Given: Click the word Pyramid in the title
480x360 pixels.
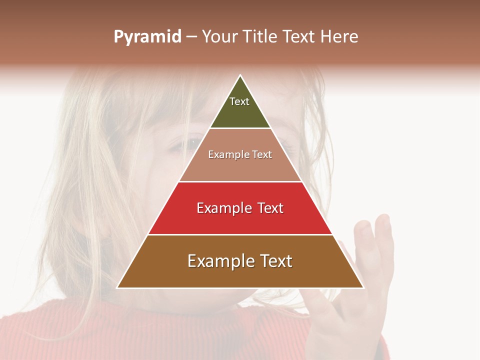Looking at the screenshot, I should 147,37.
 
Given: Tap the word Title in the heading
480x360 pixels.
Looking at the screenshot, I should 259,37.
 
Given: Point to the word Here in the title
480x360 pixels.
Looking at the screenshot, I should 339,37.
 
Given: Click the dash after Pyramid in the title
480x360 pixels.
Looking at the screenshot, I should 191,37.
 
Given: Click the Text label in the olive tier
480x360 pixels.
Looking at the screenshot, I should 239,101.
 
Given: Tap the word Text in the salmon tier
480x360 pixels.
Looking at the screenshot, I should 261,155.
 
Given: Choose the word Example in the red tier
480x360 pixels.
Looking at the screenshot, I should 223,208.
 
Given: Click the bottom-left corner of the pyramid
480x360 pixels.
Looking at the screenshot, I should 118,287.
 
